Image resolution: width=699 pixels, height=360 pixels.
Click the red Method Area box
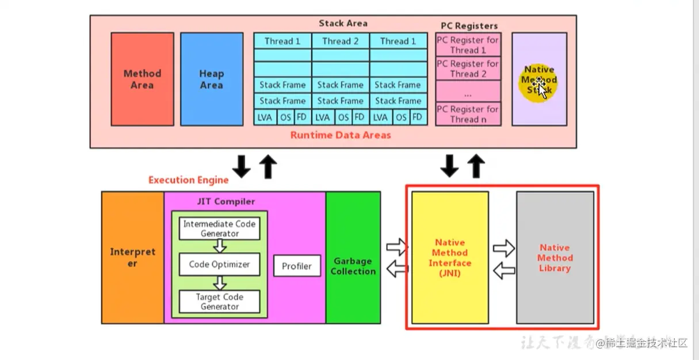142,79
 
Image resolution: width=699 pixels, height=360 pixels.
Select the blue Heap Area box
211,79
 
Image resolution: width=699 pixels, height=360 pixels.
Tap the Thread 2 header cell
340,41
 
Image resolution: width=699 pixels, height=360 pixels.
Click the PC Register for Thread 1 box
468,45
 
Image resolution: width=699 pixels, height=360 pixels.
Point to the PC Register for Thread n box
468,114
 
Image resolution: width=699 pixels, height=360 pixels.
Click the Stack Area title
343,24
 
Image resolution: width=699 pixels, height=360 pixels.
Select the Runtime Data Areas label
340,135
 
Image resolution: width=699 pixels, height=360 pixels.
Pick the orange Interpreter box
132,257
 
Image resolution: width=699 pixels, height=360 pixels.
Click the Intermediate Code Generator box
219,228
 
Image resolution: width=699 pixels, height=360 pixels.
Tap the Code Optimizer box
219,265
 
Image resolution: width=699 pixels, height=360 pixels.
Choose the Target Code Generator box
219,301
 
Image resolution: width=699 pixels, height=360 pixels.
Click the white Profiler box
296,266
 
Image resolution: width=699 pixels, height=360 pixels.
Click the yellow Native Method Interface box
450,257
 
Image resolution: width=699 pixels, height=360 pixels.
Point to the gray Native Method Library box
555,257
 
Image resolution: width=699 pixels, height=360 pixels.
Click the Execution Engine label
188,180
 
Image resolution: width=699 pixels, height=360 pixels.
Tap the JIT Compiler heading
226,201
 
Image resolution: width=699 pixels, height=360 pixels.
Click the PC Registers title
469,26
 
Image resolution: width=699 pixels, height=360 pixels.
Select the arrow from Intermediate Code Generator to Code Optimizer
219,246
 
